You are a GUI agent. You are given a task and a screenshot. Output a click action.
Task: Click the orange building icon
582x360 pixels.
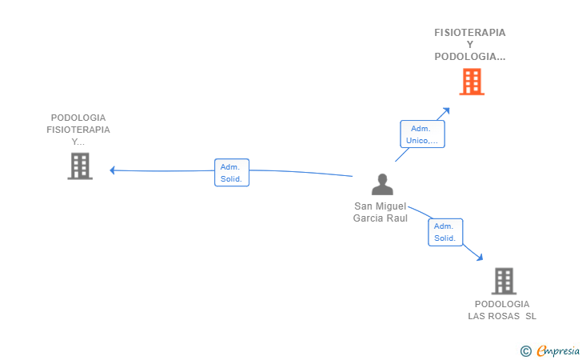pos(472,82)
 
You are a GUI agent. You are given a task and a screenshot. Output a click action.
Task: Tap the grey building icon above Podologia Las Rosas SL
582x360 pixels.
pos(504,281)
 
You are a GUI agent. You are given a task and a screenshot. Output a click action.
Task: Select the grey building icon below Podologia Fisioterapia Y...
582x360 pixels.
pos(80,166)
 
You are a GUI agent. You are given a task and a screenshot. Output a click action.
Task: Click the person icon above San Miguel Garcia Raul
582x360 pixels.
pos(382,184)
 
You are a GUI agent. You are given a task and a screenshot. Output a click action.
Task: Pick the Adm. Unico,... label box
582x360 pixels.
pos(422,134)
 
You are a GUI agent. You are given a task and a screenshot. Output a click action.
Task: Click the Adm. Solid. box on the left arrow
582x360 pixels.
pos(232,172)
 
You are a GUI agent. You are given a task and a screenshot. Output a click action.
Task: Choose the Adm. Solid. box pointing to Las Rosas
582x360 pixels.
pos(445,232)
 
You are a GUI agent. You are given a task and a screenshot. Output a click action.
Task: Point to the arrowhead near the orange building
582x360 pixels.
pos(446,111)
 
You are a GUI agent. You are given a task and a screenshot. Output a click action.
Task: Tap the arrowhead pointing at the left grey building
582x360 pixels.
pos(113,170)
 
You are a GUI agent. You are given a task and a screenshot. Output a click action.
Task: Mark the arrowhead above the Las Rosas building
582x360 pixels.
pos(480,257)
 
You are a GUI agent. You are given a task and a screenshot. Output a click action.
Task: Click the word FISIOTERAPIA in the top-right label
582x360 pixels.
pos(470,33)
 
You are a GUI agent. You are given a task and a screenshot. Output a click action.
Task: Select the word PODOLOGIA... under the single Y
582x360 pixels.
pos(470,57)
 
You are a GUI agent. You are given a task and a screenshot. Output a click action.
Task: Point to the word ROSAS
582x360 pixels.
pos(508,316)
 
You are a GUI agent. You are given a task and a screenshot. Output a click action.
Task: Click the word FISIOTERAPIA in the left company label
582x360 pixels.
pos(78,130)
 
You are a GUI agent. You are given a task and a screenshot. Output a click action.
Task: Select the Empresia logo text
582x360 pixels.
pos(558,350)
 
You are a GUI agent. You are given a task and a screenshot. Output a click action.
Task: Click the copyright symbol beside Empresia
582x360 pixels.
pos(526,351)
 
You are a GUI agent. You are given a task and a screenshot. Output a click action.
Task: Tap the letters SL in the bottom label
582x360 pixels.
pos(531,316)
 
